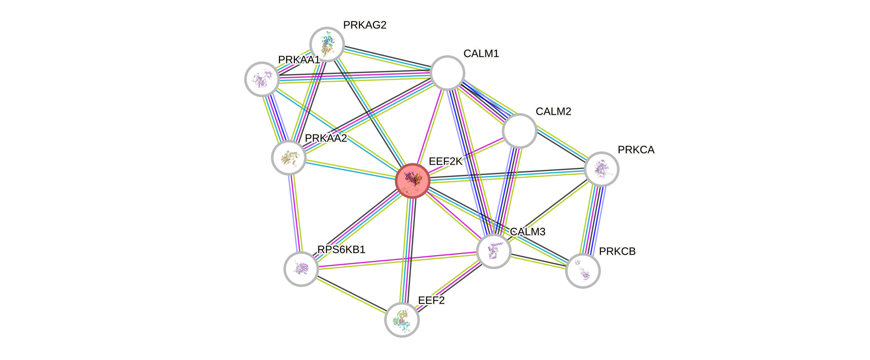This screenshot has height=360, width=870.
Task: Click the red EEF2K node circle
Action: pos(412,181)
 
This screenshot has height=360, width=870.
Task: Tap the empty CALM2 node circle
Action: pos(519,131)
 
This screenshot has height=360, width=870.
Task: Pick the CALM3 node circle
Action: pos(494,251)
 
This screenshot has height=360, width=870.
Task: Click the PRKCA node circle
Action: pos(601,169)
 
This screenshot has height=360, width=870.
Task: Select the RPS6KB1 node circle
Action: pos(301,269)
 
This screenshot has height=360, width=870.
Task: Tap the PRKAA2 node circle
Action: pos(289,158)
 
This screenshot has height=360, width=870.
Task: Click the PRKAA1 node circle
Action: pos(262,79)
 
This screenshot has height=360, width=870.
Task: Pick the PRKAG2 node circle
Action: pos(327,44)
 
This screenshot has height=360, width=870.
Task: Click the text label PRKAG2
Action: pos(365,25)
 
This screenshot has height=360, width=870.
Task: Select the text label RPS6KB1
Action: pos(341,250)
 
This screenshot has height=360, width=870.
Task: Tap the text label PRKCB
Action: pos(617,251)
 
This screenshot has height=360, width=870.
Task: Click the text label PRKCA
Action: pos(636,150)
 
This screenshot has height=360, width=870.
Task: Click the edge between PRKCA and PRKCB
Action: pos(593,220)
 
